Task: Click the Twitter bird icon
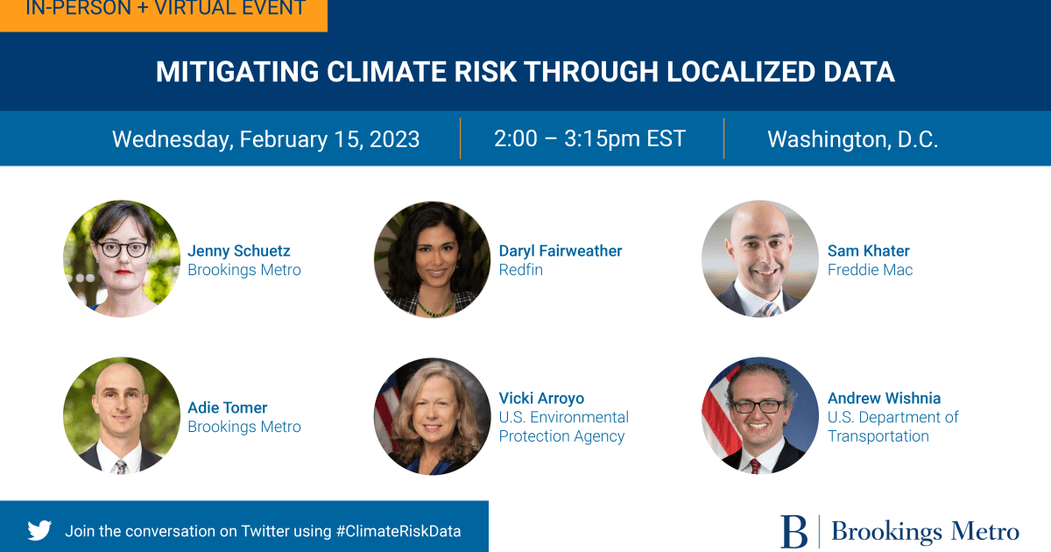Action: (39, 530)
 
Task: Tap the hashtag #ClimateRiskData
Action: (399, 531)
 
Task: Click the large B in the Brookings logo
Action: (794, 531)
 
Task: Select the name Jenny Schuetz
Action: (238, 251)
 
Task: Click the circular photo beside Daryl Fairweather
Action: (432, 259)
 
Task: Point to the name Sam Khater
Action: (868, 251)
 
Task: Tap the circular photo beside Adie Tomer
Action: (121, 415)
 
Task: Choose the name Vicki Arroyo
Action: (541, 398)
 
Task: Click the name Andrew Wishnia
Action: (884, 398)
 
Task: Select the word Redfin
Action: (520, 270)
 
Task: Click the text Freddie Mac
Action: (870, 270)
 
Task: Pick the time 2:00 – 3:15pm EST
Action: (589, 138)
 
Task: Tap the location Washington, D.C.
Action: (852, 139)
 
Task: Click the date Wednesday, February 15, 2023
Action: (265, 139)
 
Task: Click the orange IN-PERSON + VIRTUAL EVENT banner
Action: (164, 11)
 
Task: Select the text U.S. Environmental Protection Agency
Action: (563, 427)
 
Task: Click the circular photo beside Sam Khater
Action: (759, 259)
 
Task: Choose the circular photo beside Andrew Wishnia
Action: (759, 415)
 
